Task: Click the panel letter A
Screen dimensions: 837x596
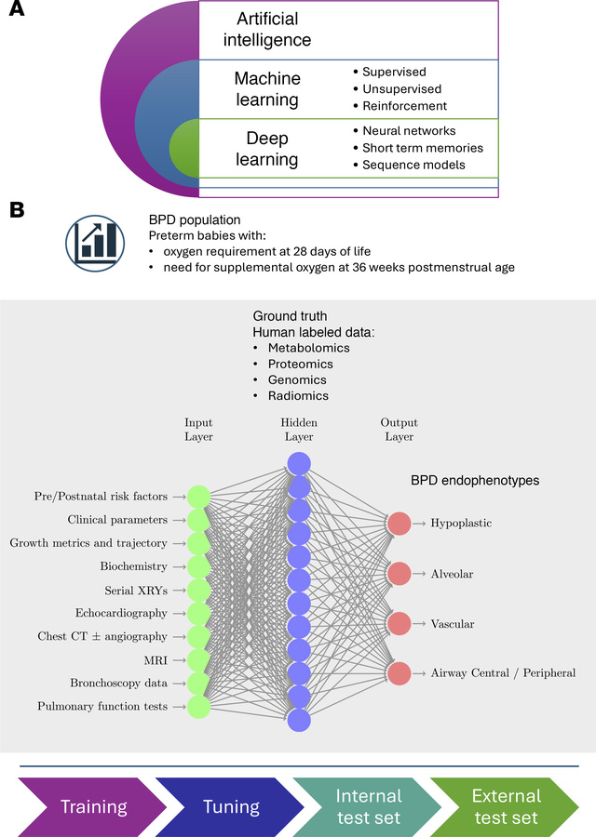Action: [x=17, y=17]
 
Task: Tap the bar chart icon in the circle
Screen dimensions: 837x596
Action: [x=96, y=237]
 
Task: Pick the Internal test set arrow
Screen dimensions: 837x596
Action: [x=368, y=806]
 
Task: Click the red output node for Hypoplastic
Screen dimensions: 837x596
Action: [x=399, y=524]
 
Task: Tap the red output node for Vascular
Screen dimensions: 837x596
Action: [x=399, y=622]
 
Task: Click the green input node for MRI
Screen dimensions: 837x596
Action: [x=198, y=660]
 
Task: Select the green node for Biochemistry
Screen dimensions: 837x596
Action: [x=198, y=566]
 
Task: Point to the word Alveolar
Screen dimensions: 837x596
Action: [x=452, y=574]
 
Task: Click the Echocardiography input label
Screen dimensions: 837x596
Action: [x=121, y=613]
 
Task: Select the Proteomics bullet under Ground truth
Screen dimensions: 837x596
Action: [x=300, y=364]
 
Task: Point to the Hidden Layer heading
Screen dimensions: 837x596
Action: [x=299, y=429]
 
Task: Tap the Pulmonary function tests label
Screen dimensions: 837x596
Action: [x=102, y=707]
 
